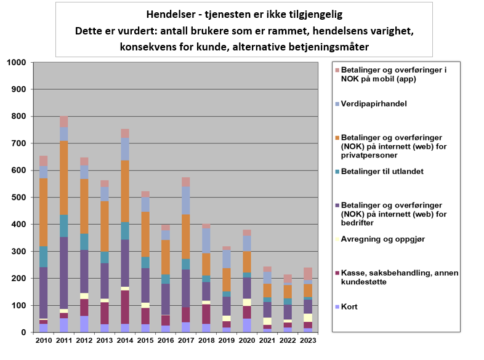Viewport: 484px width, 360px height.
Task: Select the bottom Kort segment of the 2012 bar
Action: click(x=84, y=324)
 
